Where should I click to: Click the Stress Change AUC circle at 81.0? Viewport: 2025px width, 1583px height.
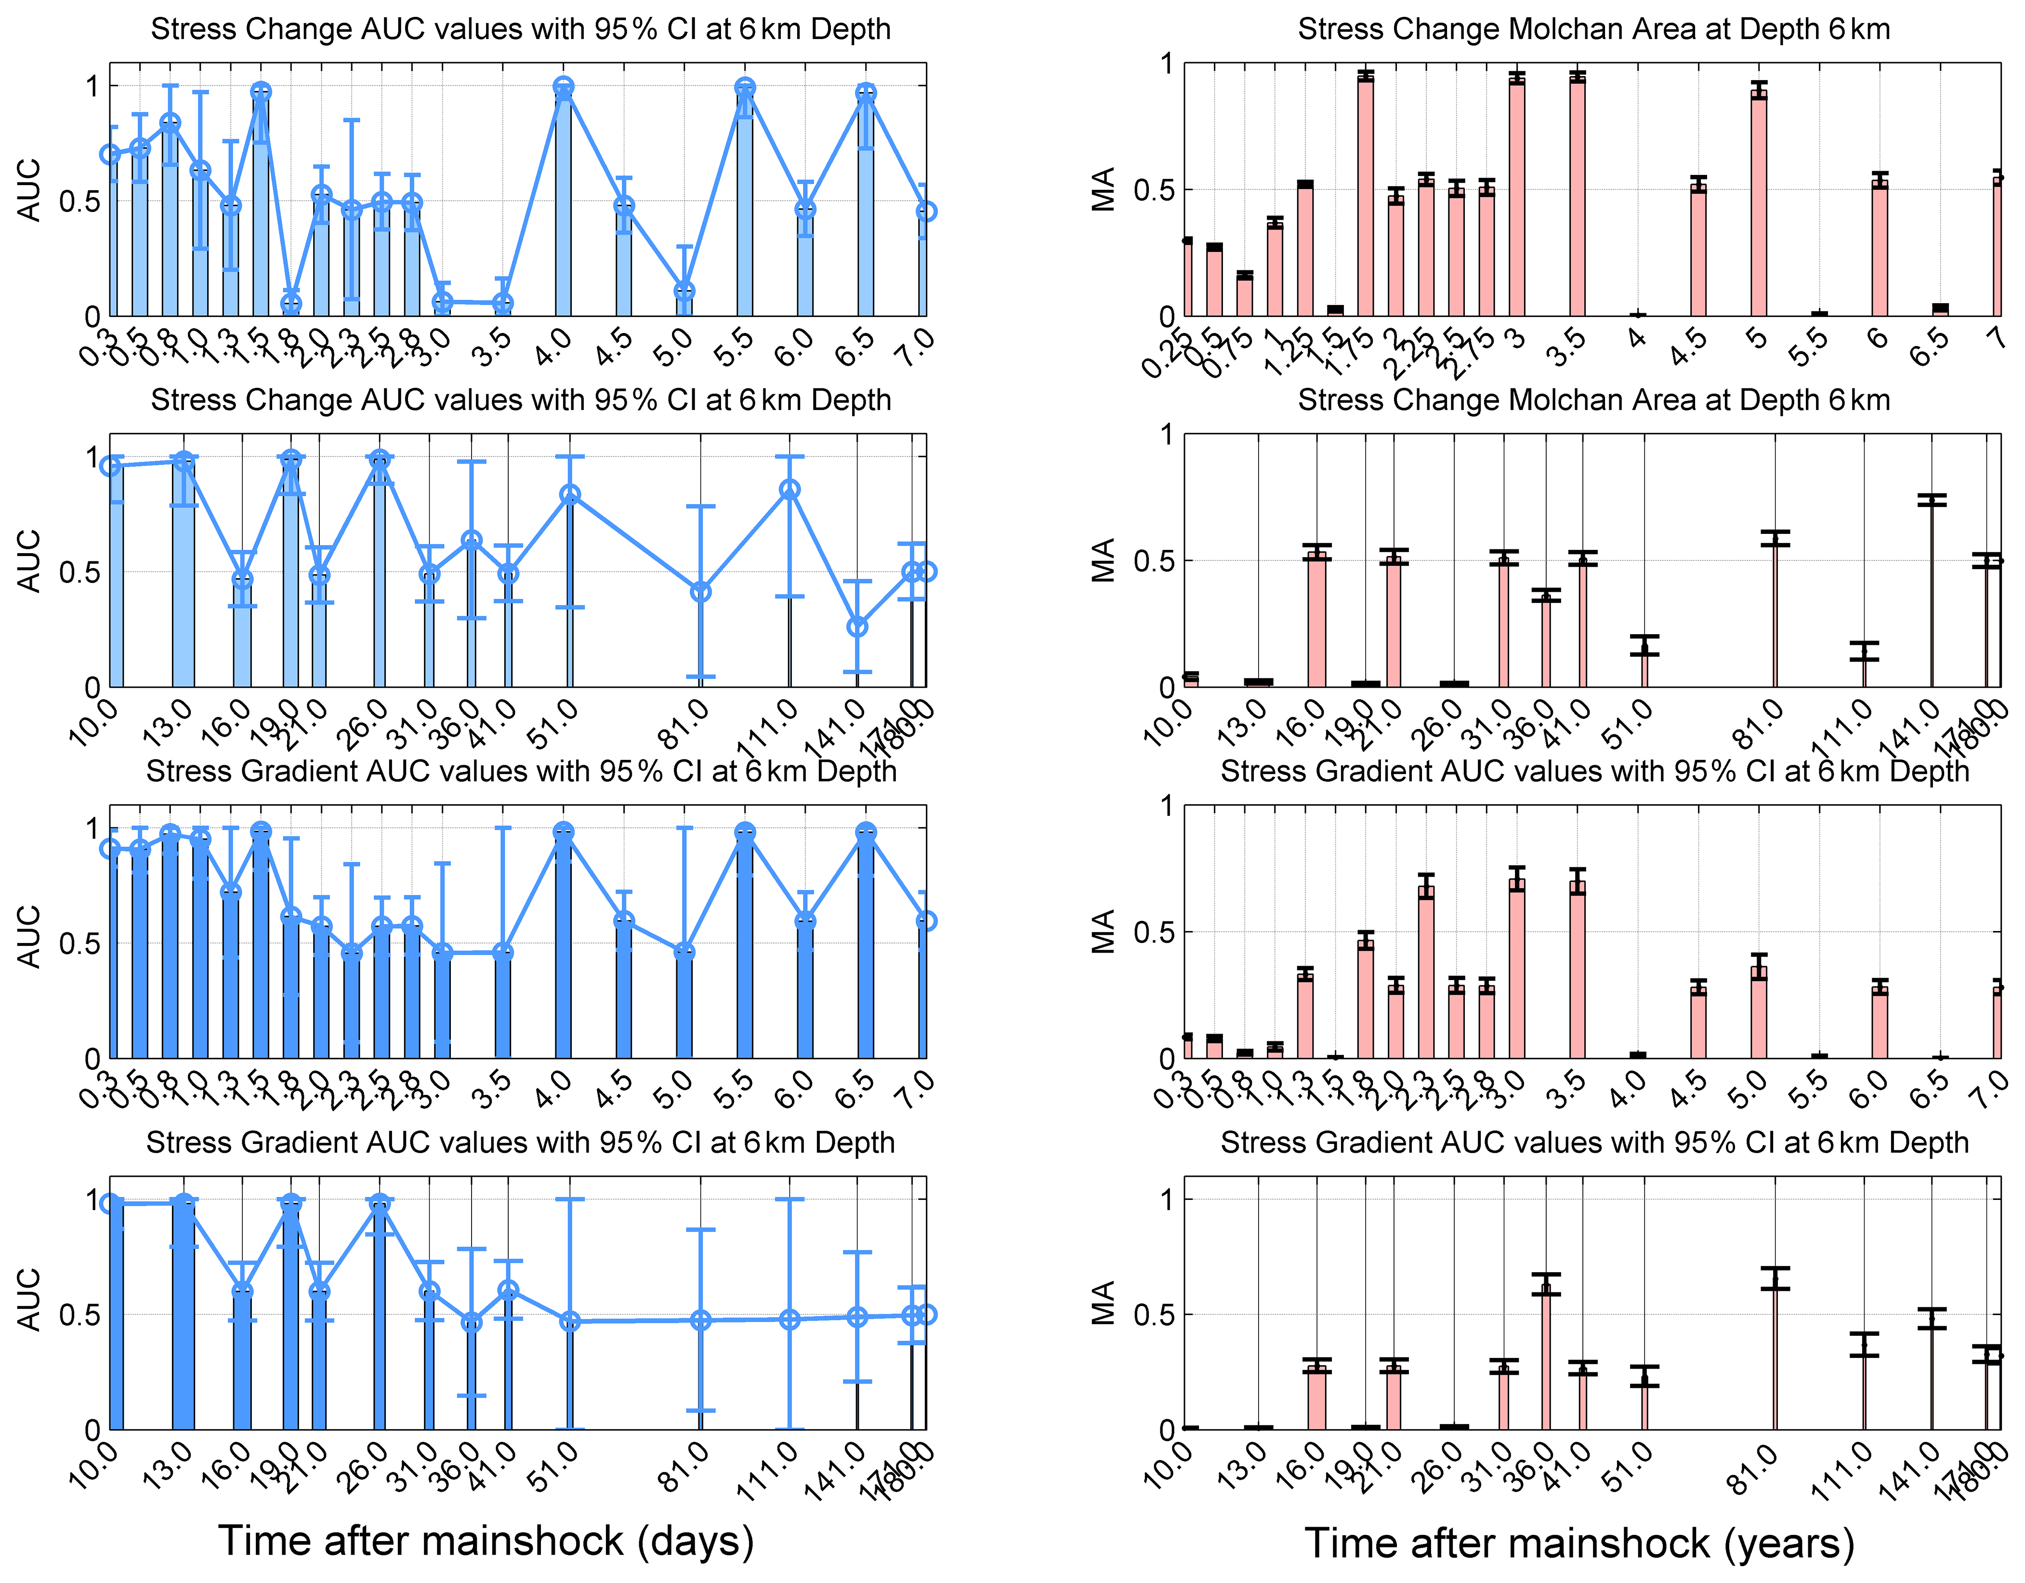pyautogui.click(x=701, y=592)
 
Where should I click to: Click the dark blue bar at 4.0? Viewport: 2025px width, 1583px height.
pyautogui.click(x=563, y=946)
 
